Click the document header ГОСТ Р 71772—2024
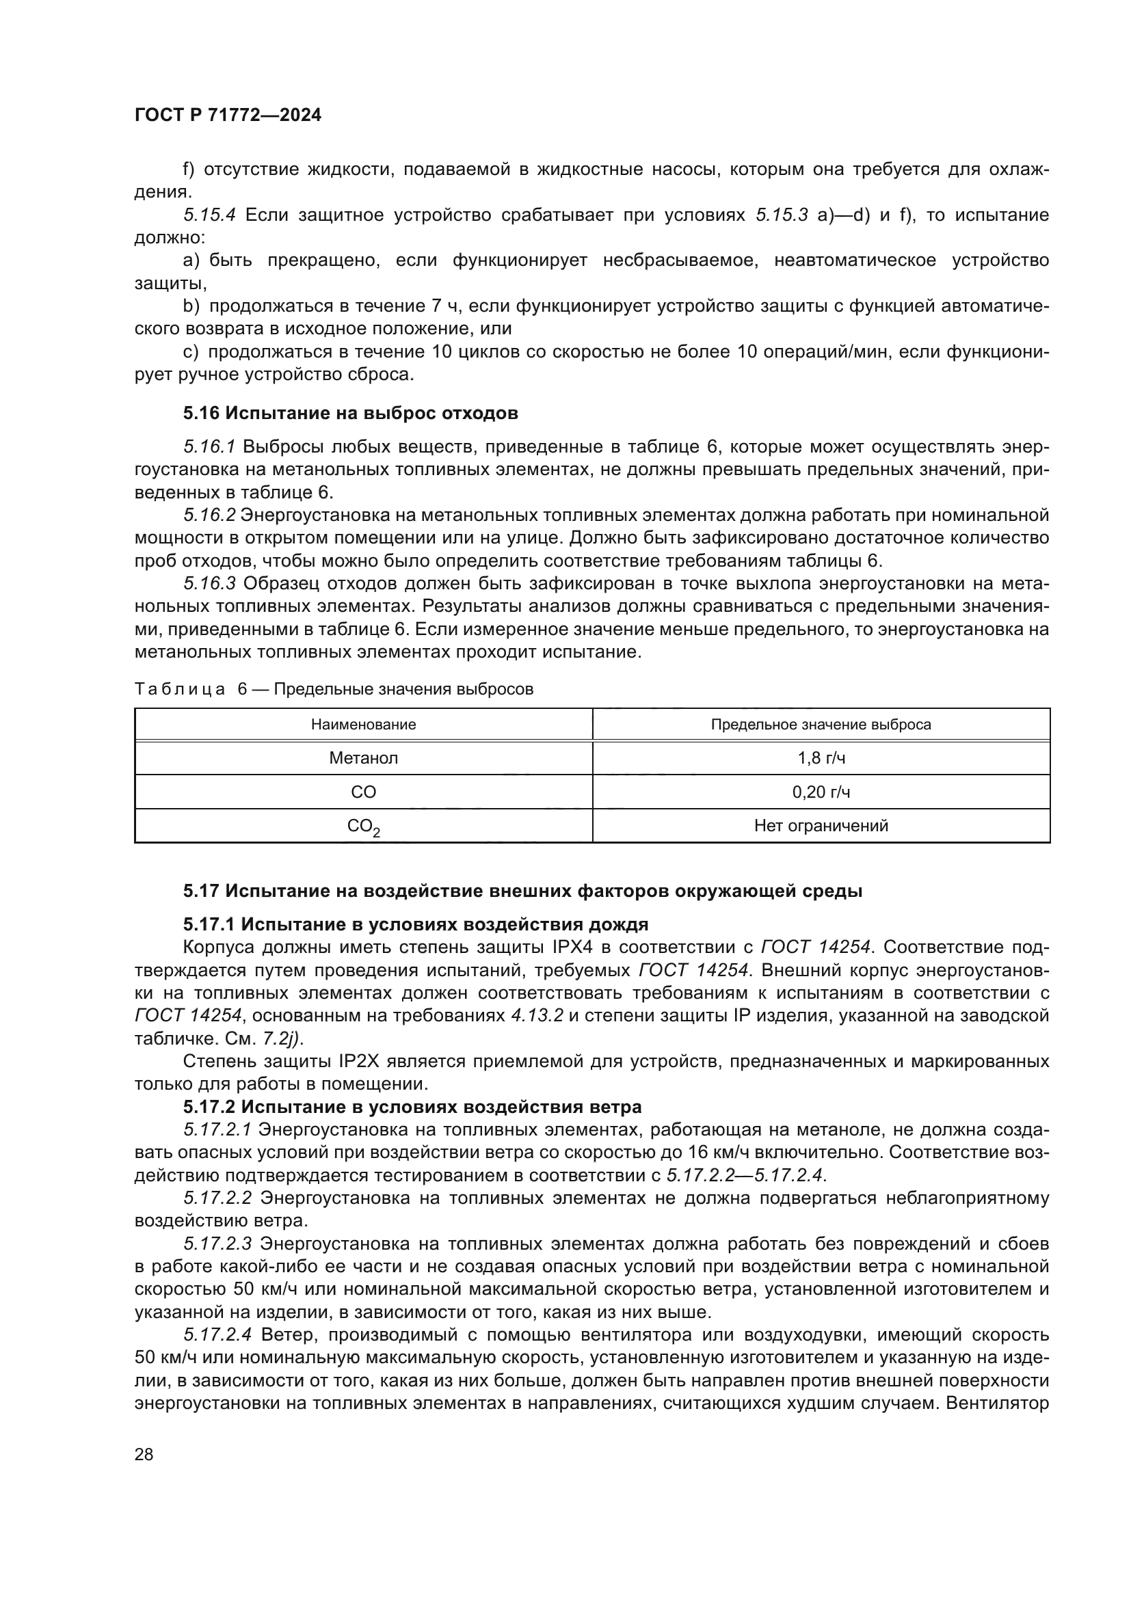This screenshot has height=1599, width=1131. pos(228,116)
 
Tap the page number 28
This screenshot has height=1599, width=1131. pos(144,1454)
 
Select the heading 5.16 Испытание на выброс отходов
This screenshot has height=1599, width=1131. pos(350,413)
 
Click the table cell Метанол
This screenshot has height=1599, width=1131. pos(364,757)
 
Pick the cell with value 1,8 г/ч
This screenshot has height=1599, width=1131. pos(821,757)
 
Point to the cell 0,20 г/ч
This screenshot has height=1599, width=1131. pos(821,792)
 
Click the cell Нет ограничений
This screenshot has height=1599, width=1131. pos(821,826)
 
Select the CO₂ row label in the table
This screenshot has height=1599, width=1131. pos(364,827)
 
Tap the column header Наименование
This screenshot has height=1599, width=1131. pos(364,724)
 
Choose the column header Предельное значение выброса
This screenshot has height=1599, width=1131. pos(821,724)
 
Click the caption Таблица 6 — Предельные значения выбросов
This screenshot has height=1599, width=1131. pos(334,689)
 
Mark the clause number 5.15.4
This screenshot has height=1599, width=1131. pos(210,215)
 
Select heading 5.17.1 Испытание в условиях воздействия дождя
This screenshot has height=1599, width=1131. pos(416,924)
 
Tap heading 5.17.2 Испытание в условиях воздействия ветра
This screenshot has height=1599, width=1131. pos(412,1107)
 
